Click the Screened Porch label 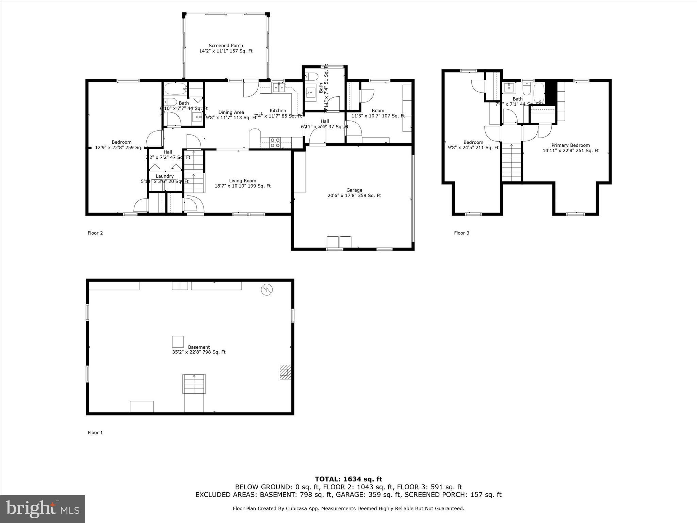pos(226,46)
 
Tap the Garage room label pos(354,190)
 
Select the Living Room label pos(242,181)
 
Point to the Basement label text pos(199,347)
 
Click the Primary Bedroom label pos(570,145)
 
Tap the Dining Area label pos(231,112)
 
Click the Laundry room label pos(165,176)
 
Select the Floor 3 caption pos(461,233)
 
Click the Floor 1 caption pos(95,432)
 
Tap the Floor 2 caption pos(95,233)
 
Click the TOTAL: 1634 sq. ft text pos(348,479)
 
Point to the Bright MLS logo pos(43,509)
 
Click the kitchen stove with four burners pos(275,142)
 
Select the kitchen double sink pos(278,88)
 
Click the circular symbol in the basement pos(267,290)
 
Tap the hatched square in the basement pos(285,372)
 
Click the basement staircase pos(194,383)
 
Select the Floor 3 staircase pos(512,162)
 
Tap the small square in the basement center pos(178,342)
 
